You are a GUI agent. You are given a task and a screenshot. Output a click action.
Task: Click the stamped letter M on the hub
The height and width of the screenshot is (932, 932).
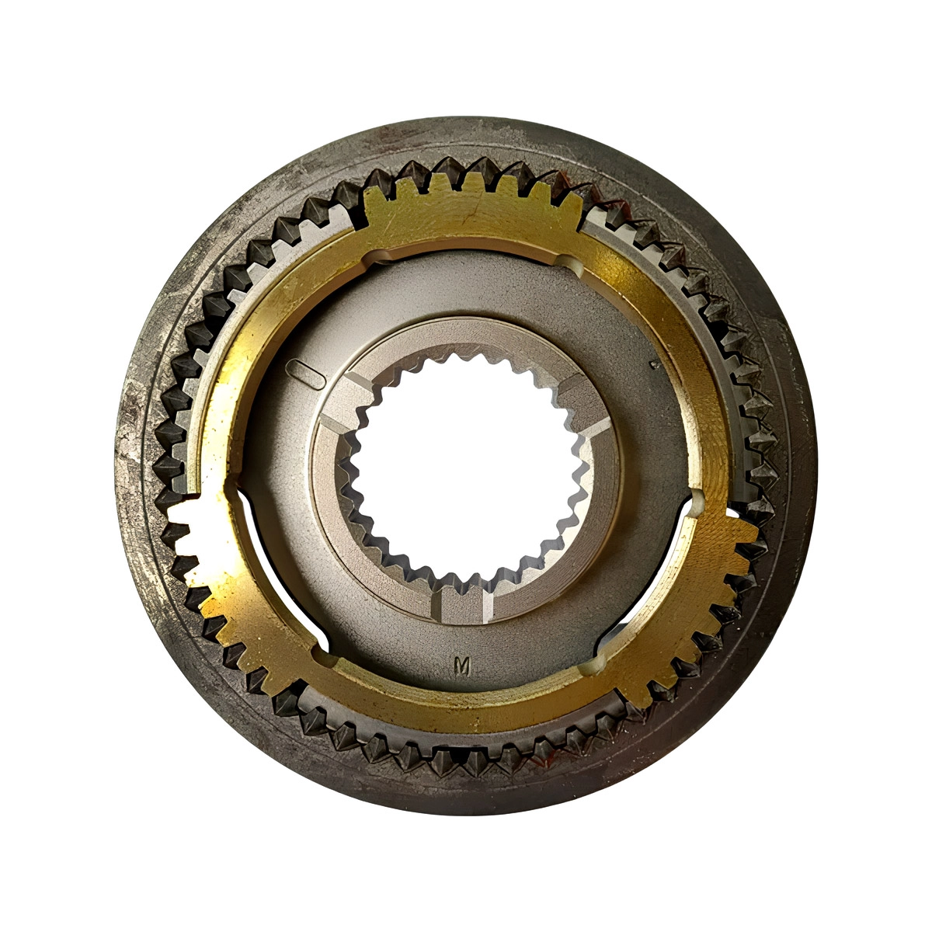(462, 667)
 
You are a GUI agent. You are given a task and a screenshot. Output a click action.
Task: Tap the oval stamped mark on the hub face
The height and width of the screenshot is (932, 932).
(304, 374)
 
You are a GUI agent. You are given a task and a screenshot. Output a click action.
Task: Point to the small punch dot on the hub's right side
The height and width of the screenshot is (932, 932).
(656, 364)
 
